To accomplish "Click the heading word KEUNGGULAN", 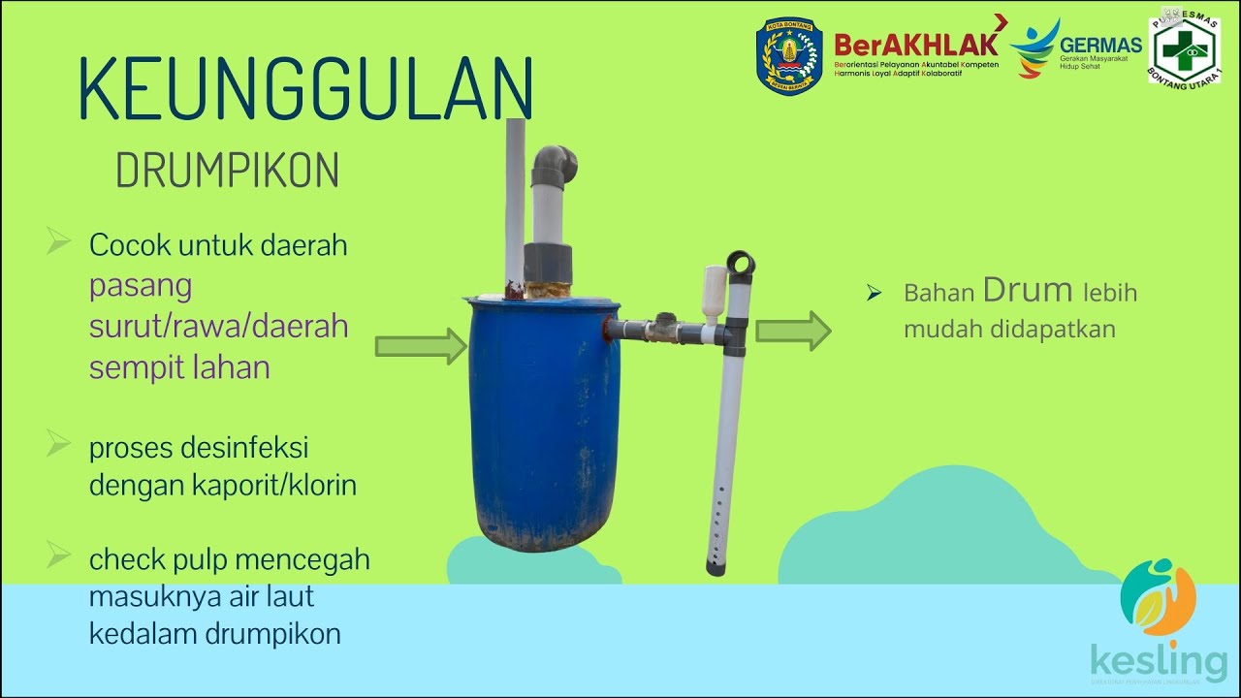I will (x=305, y=89).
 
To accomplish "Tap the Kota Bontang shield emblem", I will (x=789, y=55).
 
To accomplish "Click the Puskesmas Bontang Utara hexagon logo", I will (x=1185, y=48).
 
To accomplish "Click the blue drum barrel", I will (x=543, y=427).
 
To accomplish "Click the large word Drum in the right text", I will (x=1028, y=290).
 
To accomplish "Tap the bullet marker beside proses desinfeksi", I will (x=59, y=446).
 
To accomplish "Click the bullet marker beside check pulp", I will (x=59, y=556).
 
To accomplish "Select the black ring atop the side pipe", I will (x=740, y=263).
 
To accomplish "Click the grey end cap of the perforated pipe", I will (x=715, y=567).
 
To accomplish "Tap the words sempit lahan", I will (x=179, y=367).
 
